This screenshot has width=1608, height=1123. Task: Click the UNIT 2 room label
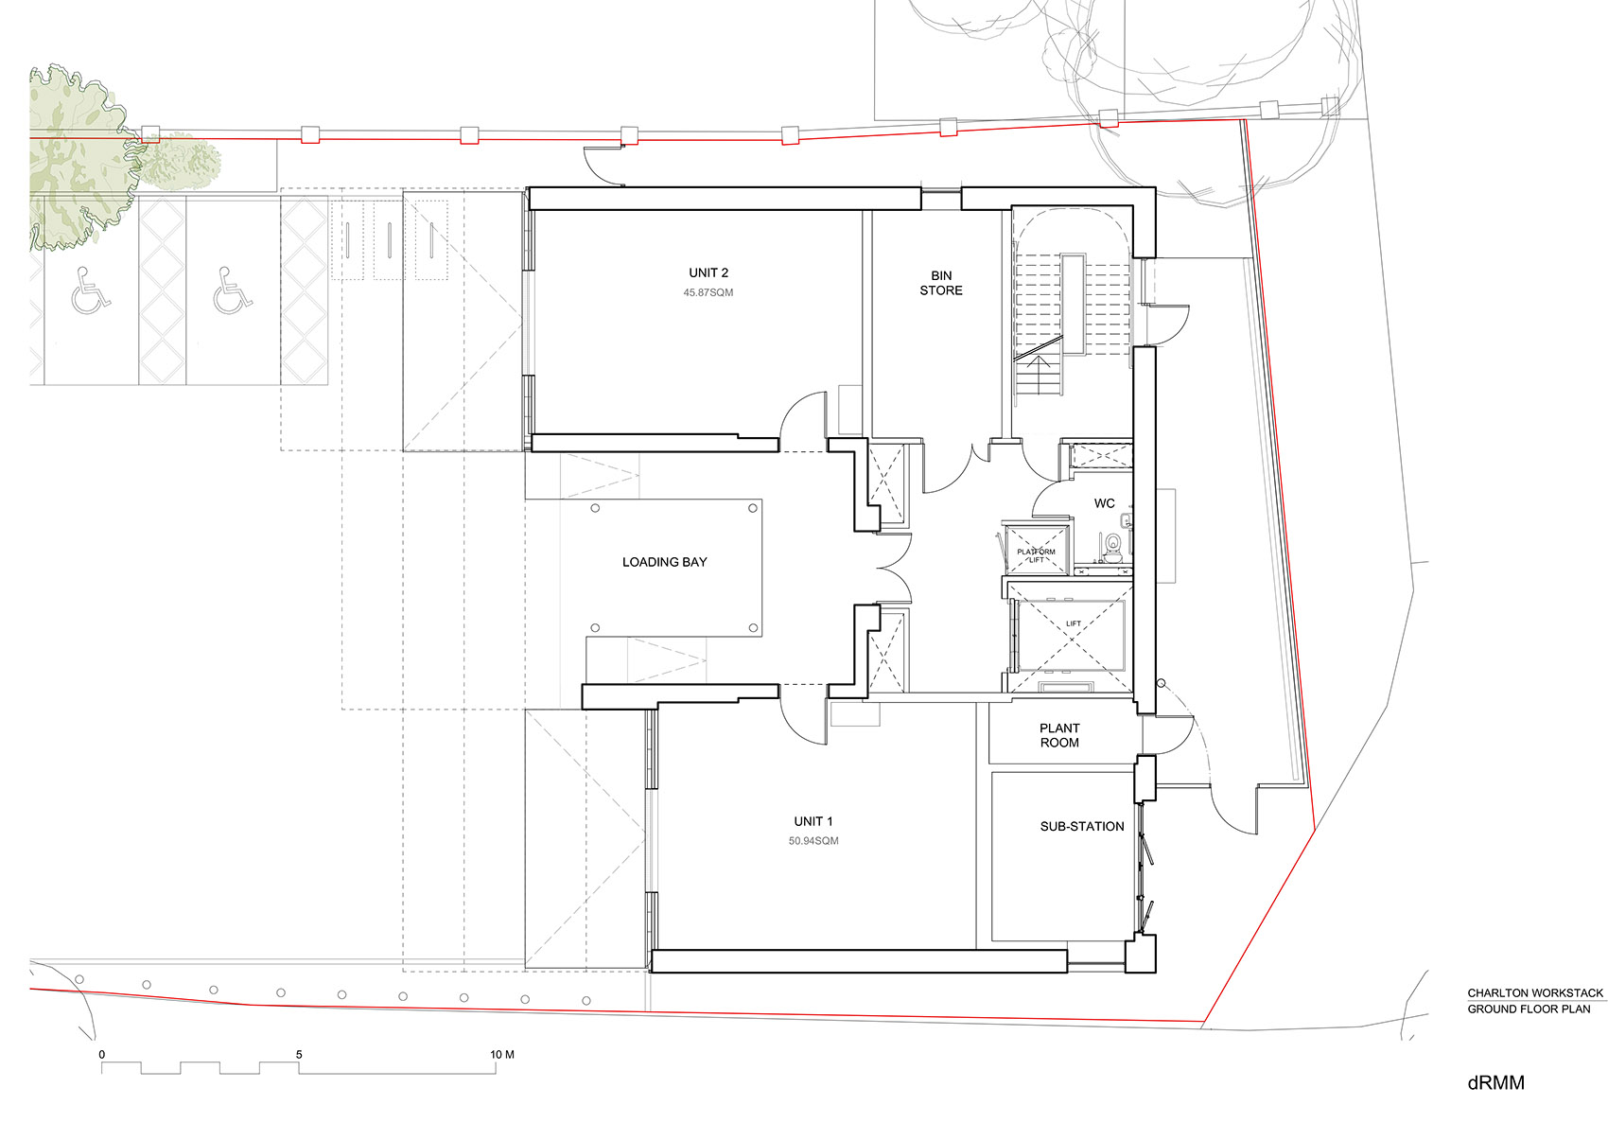pyautogui.click(x=708, y=272)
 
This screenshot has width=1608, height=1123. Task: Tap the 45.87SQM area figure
pyautogui.click(x=708, y=293)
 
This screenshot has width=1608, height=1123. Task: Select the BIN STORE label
pyautogui.click(x=941, y=283)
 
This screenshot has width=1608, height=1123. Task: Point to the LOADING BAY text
pyautogui.click(x=665, y=562)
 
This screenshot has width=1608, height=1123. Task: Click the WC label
pyautogui.click(x=1104, y=503)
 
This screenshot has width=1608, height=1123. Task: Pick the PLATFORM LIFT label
pyautogui.click(x=1036, y=555)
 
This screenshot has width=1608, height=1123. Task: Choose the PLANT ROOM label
pyautogui.click(x=1059, y=735)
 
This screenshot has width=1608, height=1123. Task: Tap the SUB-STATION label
pyautogui.click(x=1082, y=827)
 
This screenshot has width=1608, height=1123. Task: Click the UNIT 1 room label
pyautogui.click(x=813, y=821)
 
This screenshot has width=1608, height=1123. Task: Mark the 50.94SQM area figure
pyautogui.click(x=813, y=841)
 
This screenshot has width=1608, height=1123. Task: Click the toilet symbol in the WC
pyautogui.click(x=1112, y=546)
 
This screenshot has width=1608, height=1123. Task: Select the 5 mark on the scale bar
pyautogui.click(x=299, y=1055)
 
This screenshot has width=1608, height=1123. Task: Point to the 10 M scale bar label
pyautogui.click(x=501, y=1055)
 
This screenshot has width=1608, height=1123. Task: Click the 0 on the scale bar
pyautogui.click(x=101, y=1055)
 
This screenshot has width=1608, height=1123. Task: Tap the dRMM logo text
pyautogui.click(x=1496, y=1082)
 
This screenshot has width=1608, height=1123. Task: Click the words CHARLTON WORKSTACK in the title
pyautogui.click(x=1535, y=993)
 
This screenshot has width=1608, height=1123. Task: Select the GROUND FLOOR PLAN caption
pyautogui.click(x=1529, y=1009)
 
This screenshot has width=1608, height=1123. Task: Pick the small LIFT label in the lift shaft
pyautogui.click(x=1074, y=623)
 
